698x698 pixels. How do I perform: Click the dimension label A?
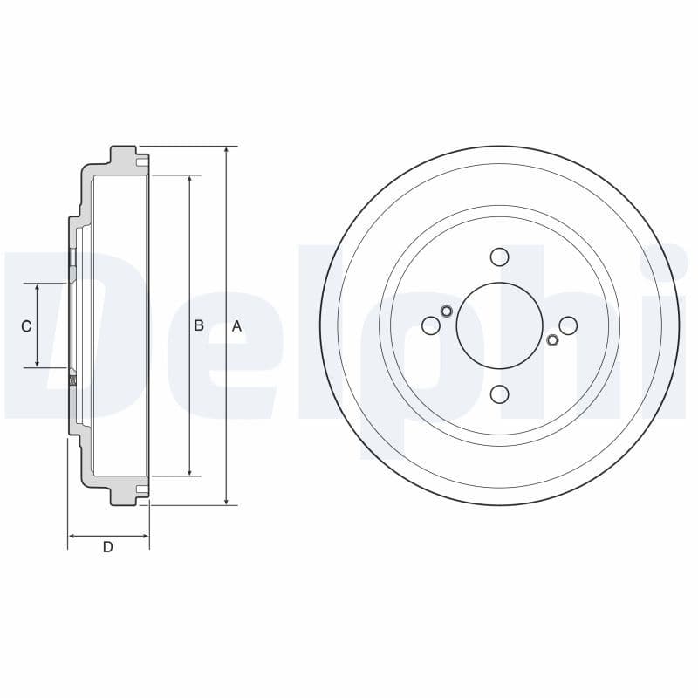point(236,326)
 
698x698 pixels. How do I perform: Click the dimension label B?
point(199,325)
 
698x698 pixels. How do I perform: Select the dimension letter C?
point(26,326)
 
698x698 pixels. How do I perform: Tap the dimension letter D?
point(107,547)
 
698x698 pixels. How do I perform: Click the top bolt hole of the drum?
point(499,257)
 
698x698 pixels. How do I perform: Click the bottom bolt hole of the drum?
point(499,394)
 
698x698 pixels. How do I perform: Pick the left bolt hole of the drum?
point(430,325)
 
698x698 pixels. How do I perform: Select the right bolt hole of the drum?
point(568,325)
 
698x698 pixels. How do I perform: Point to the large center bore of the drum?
point(499,325)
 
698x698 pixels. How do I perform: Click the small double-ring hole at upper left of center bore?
point(447,311)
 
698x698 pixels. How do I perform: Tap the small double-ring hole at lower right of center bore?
point(551,339)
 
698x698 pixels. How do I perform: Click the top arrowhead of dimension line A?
point(226,150)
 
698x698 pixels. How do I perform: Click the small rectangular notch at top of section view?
point(141,161)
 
